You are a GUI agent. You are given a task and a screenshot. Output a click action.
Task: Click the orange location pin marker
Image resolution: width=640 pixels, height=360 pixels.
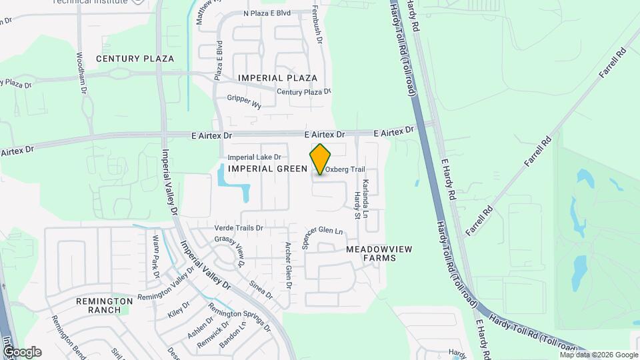click(321, 159)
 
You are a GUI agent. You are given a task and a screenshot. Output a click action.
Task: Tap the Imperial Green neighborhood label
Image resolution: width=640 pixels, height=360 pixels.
click(267, 169)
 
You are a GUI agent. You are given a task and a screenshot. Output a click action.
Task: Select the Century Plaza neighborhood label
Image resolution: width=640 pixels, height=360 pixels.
click(135, 59)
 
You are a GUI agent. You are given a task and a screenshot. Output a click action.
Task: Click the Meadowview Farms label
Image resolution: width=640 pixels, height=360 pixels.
click(379, 253)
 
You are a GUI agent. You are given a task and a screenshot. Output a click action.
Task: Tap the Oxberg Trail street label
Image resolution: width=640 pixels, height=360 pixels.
click(346, 169)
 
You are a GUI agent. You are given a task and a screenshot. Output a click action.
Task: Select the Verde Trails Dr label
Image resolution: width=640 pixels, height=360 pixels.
click(239, 228)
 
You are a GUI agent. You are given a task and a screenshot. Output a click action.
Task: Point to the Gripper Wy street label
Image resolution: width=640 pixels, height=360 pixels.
click(244, 101)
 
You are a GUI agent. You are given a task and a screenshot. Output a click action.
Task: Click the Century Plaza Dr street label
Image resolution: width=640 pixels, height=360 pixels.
click(303, 92)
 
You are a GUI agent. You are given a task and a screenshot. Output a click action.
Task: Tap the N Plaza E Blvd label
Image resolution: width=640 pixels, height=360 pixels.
click(267, 13)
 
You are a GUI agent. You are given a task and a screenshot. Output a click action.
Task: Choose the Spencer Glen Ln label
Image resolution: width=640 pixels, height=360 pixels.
click(322, 237)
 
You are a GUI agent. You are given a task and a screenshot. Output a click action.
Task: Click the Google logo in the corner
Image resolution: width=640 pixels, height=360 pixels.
click(22, 351)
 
